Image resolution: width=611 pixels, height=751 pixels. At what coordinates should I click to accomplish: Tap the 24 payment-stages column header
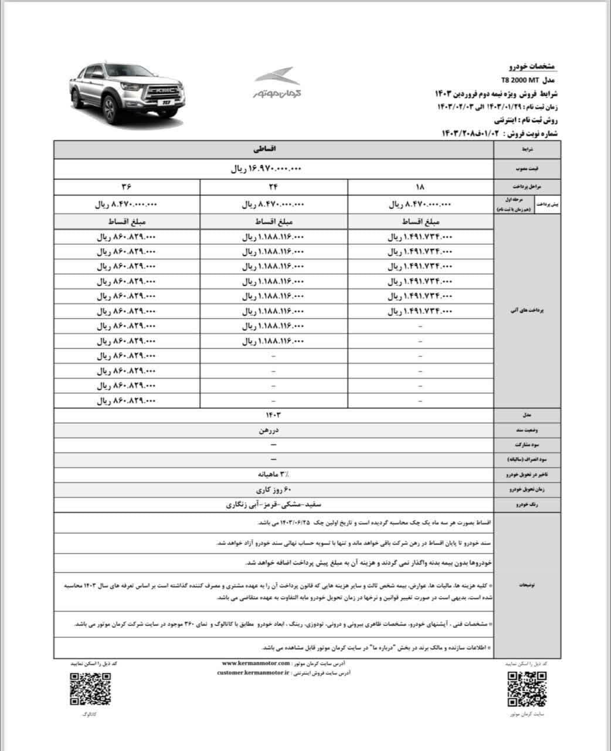tap(273, 187)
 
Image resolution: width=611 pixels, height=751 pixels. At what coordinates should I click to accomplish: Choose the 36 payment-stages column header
tap(127, 187)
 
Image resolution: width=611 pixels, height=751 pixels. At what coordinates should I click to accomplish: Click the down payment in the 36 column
tap(127, 205)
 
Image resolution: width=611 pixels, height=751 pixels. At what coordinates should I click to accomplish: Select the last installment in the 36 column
tap(127, 401)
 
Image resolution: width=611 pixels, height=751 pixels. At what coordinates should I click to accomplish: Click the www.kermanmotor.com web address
tap(253, 663)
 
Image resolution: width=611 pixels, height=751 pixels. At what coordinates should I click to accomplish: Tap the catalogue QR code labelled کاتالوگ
tap(90, 688)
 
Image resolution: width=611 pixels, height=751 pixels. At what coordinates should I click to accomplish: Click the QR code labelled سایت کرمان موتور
tap(528, 688)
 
